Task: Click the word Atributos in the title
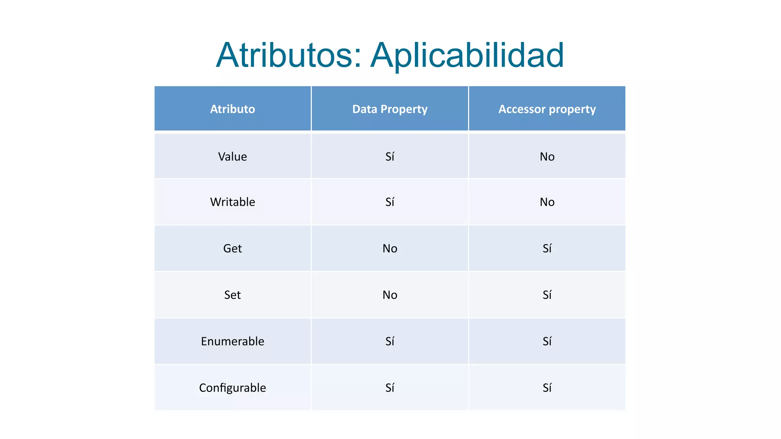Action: click(289, 55)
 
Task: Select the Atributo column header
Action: click(232, 109)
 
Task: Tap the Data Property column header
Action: click(390, 109)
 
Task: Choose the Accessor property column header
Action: click(547, 109)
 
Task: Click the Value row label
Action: click(232, 157)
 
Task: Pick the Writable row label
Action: click(232, 202)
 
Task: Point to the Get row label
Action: click(232, 248)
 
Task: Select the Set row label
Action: click(232, 295)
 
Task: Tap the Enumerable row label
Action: click(232, 341)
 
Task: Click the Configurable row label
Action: click(232, 388)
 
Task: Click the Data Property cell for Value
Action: click(390, 157)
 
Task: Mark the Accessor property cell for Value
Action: click(547, 157)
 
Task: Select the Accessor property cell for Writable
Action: click(547, 202)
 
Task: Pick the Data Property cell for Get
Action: click(390, 248)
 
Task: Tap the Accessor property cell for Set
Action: click(547, 295)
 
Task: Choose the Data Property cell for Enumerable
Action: click(390, 341)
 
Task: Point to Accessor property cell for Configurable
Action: click(547, 388)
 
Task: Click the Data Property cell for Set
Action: click(390, 295)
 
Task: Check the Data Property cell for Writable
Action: click(390, 202)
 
